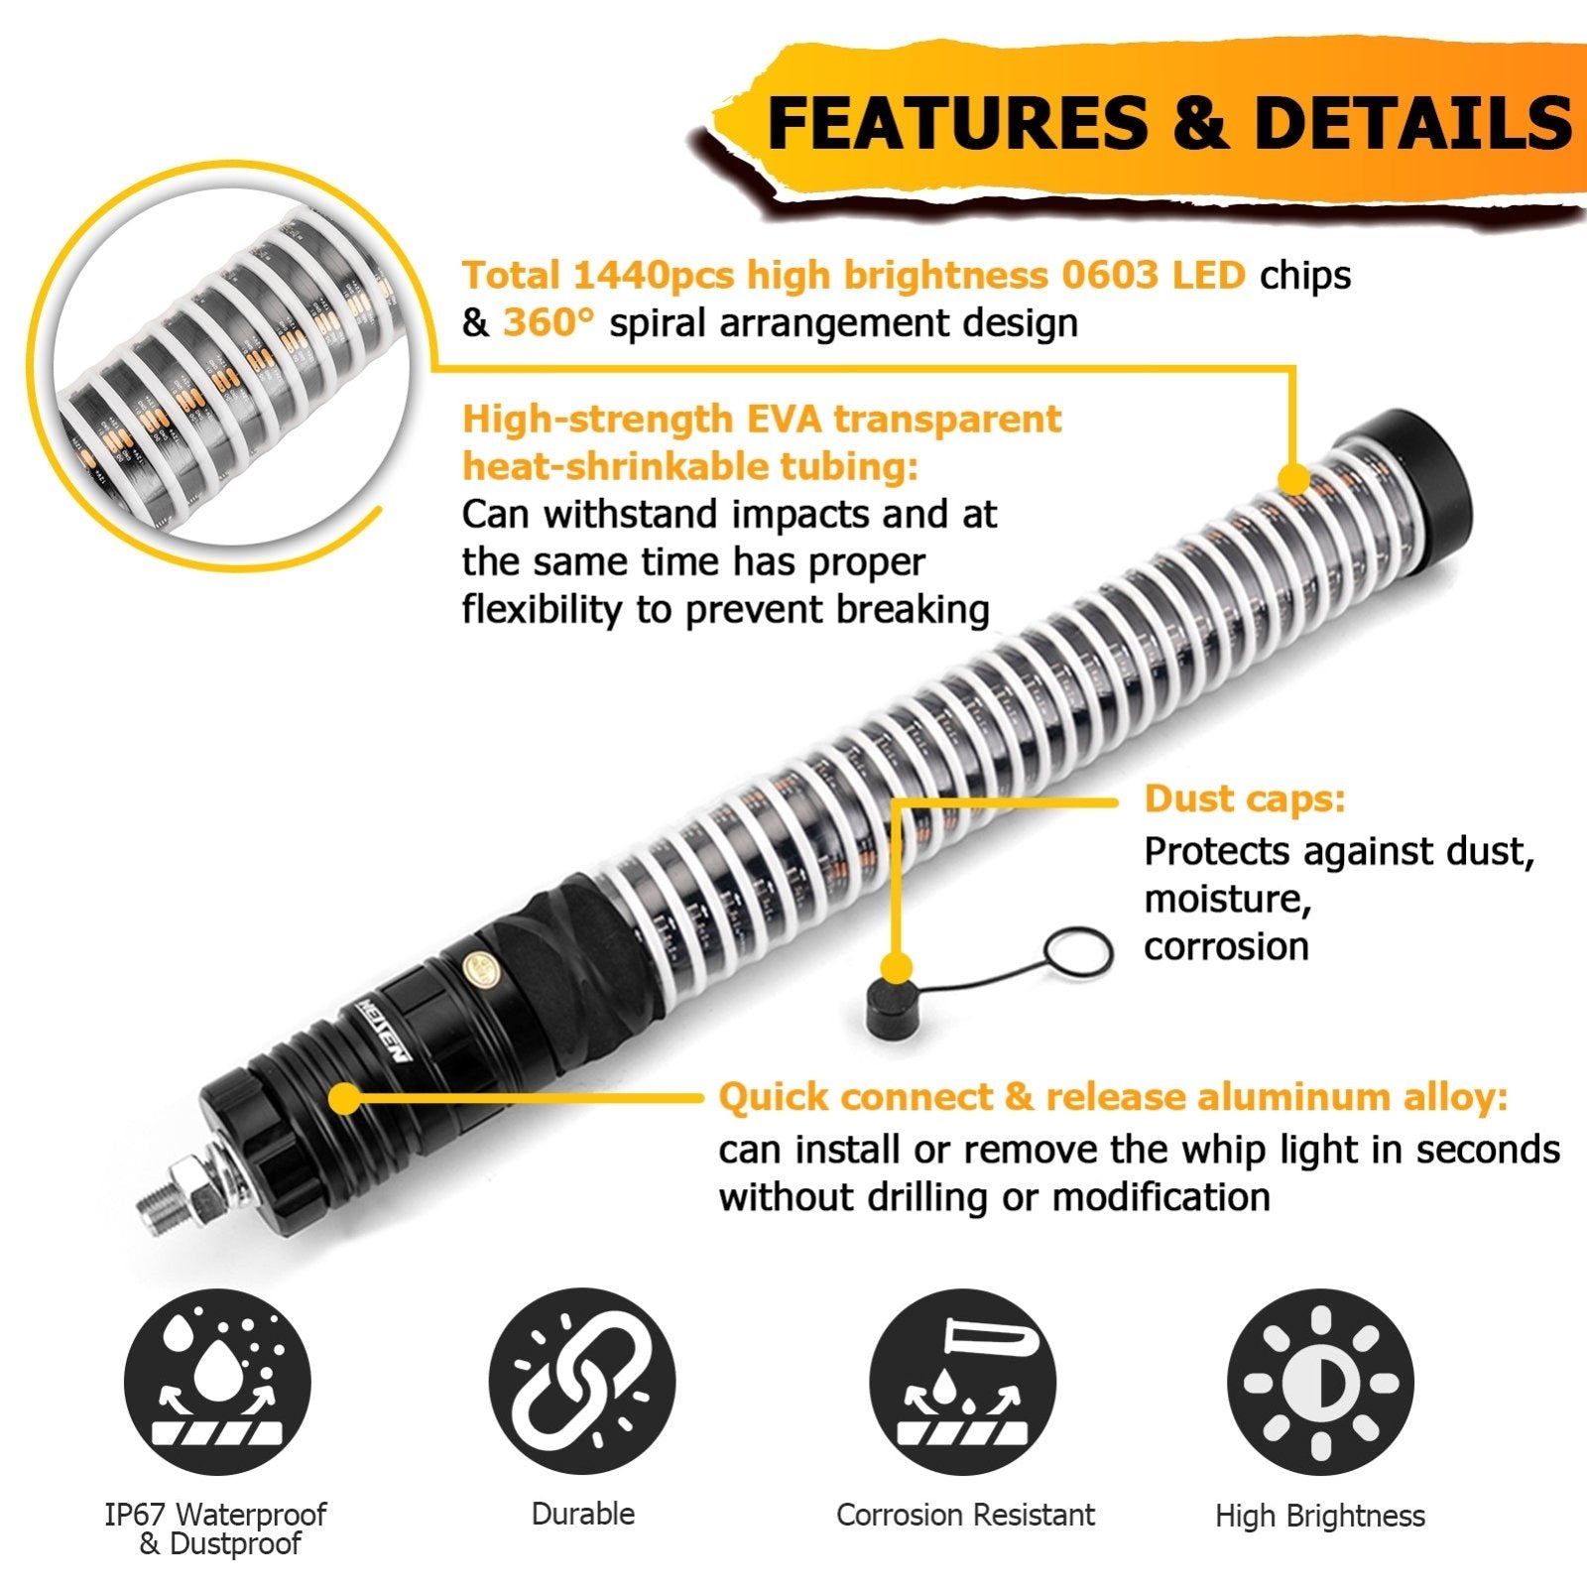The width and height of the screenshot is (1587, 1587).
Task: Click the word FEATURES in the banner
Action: (957, 123)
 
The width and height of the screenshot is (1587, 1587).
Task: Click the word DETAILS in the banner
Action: (1413, 123)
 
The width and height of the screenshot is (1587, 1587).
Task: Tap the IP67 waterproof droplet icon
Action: (217, 1382)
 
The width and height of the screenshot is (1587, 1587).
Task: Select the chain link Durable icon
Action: (582, 1382)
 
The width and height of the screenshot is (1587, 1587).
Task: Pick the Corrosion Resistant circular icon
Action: (963, 1382)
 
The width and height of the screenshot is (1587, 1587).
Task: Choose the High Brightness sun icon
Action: (1320, 1382)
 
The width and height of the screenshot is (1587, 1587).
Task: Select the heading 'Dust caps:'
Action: (1245, 798)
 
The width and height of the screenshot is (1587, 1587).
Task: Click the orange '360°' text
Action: (549, 323)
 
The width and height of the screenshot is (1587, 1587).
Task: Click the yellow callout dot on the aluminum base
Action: (344, 1098)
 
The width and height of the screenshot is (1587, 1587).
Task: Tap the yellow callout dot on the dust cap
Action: (897, 967)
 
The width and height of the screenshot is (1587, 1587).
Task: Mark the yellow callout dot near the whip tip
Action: (1292, 479)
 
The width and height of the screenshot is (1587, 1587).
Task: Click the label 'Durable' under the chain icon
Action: (583, 1515)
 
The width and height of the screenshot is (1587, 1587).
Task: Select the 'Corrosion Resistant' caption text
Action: (965, 1515)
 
